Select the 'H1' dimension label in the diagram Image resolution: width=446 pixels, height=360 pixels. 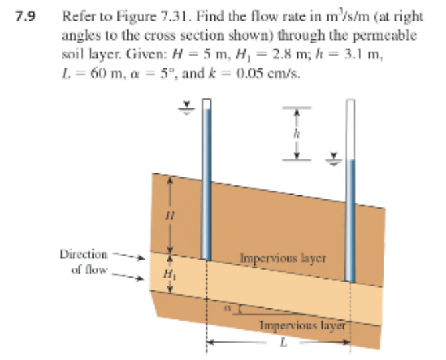pos(161,275)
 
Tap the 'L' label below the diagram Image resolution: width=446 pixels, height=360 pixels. pos(283,345)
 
